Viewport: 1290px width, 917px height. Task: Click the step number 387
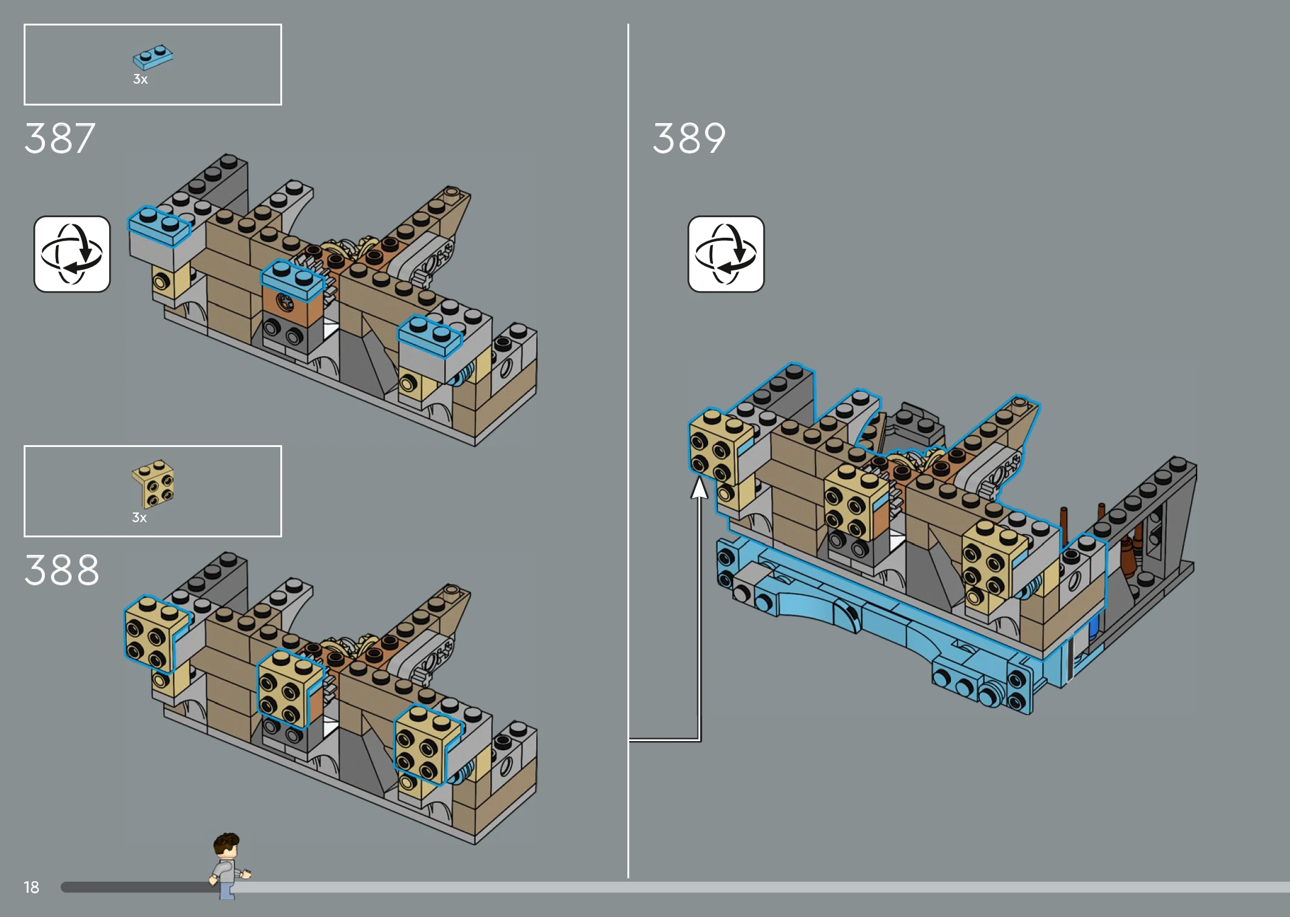[x=60, y=138]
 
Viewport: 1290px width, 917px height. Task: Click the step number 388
[x=61, y=570]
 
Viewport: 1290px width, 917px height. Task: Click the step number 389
[x=689, y=138]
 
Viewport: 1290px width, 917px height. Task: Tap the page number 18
[x=32, y=887]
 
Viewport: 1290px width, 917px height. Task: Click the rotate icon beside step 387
[x=72, y=254]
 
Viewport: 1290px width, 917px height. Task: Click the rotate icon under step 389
[x=726, y=254]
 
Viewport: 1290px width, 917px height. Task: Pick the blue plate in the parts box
[x=153, y=57]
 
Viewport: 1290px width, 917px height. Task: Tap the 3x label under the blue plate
[x=140, y=79]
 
